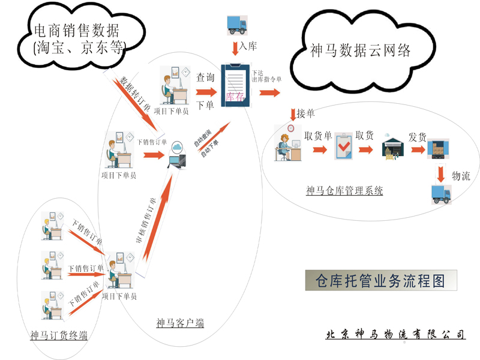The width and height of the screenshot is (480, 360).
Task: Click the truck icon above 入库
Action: pyautogui.click(x=237, y=23)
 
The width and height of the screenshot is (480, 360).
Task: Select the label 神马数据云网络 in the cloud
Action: pyautogui.click(x=361, y=51)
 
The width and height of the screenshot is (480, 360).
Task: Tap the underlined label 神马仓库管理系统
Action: pyautogui.click(x=344, y=191)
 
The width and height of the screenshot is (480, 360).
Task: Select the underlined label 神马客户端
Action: pyautogui.click(x=179, y=323)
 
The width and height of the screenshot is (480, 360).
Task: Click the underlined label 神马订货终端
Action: pyautogui.click(x=59, y=335)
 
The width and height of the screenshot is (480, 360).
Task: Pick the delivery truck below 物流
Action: pyautogui.click(x=442, y=194)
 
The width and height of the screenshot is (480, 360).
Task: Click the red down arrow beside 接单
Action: pyautogui.click(x=292, y=114)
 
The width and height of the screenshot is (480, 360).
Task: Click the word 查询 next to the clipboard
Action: pyautogui.click(x=205, y=78)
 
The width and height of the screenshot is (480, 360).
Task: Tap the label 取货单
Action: pyautogui.click(x=318, y=136)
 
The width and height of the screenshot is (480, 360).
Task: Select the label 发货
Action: pyautogui.click(x=418, y=136)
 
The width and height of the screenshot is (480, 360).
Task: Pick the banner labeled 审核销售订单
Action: pyautogui.click(x=149, y=229)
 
